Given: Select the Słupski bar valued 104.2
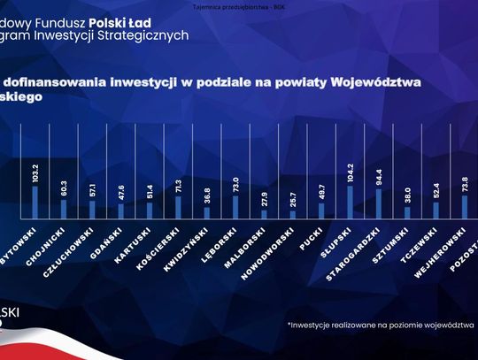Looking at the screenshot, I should [350, 202].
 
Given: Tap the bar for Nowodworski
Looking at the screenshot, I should [292, 214].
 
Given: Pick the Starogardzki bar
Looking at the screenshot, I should [379, 203].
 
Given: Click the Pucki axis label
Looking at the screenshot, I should [310, 236].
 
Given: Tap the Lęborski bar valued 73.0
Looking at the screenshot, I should [235, 206].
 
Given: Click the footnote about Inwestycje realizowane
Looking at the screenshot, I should [380, 326].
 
